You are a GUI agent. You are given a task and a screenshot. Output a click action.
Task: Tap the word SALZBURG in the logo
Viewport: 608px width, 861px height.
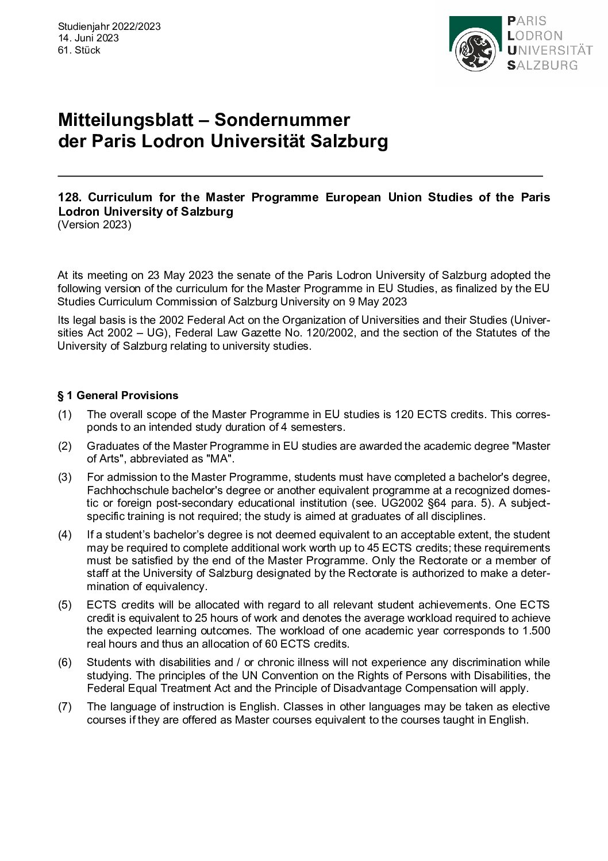(542, 65)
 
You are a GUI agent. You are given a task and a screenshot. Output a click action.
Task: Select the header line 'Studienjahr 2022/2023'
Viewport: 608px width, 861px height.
(109, 26)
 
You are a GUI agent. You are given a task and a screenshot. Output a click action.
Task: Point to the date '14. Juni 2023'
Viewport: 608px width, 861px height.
(88, 38)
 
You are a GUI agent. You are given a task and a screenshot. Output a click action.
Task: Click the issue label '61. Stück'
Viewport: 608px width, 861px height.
(79, 50)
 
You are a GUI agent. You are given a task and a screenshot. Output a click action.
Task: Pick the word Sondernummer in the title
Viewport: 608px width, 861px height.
(282, 120)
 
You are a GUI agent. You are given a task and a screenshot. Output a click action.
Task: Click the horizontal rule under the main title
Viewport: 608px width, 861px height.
(300, 175)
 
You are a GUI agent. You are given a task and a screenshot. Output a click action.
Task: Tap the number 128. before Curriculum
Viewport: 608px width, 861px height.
(70, 197)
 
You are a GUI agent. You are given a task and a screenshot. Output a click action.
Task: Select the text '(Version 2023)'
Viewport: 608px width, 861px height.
(94, 225)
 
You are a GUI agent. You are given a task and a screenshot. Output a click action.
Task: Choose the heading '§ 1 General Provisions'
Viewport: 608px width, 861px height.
(118, 395)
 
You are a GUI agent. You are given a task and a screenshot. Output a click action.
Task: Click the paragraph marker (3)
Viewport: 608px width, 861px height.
(65, 477)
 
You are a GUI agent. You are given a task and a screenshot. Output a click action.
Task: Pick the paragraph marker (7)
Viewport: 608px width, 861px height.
(65, 707)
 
